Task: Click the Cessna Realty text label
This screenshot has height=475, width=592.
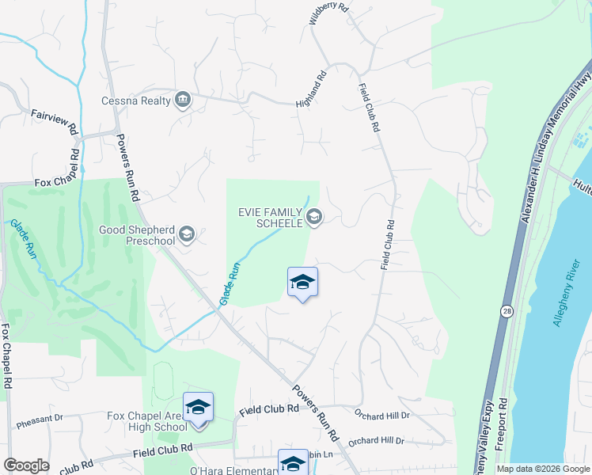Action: tap(136, 101)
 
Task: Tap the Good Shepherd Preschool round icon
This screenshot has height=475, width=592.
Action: tap(186, 233)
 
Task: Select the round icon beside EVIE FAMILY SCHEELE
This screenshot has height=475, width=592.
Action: tap(314, 217)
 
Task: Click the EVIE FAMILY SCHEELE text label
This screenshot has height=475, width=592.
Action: tap(271, 218)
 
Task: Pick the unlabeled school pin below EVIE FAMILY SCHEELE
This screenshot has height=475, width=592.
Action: tap(302, 283)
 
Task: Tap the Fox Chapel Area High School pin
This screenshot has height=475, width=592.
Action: tap(198, 408)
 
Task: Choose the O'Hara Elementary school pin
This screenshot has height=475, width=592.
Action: tap(292, 464)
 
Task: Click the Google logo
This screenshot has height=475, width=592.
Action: tap(26, 465)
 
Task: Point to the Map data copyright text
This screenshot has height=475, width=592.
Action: tap(543, 469)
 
